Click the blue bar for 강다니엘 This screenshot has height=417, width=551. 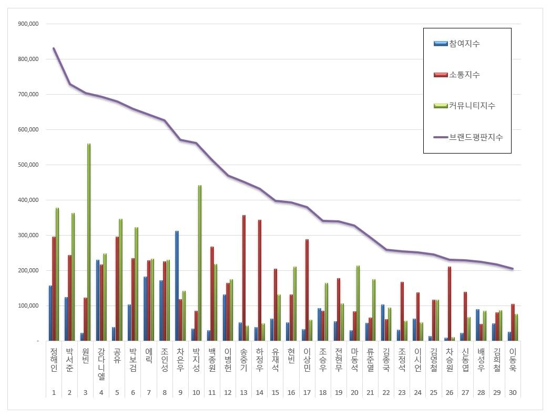pos(98,300)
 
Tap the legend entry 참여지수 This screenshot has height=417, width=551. pos(464,44)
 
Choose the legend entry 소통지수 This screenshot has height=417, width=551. pos(464,75)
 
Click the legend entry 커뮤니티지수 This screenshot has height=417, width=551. pos(472,106)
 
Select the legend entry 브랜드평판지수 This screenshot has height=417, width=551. pos(475,137)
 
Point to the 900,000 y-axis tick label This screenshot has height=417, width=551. pos(28,24)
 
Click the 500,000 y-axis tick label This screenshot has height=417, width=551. pos(28,165)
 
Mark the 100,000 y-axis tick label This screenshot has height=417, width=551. pos(28,306)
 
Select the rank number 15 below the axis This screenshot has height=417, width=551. pos(275,392)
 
